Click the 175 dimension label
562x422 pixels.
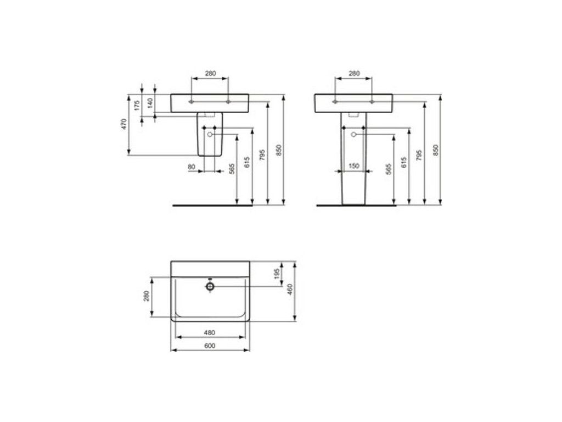point(137,106)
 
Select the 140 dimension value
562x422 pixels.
point(150,103)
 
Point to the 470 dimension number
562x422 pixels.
point(124,124)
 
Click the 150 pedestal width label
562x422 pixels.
point(353,166)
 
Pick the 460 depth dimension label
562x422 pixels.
point(290,289)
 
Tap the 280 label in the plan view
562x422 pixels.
point(146,296)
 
